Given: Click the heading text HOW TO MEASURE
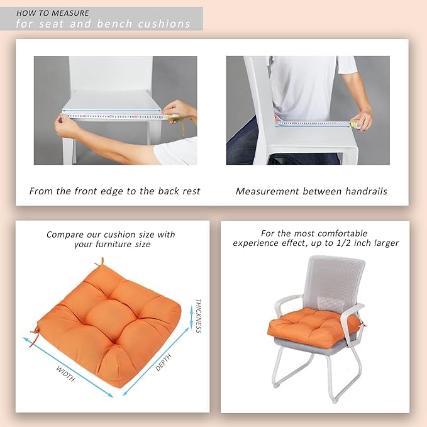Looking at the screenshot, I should pyautogui.click(x=52, y=13).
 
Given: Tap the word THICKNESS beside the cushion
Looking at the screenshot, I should pyautogui.click(x=198, y=315).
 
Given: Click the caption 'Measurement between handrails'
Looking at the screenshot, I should pyautogui.click(x=311, y=191).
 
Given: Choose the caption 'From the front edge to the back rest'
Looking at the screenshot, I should pyautogui.click(x=114, y=191).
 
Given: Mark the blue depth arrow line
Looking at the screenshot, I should pyautogui.click(x=155, y=362).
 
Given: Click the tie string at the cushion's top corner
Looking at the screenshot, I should pyautogui.click(x=99, y=262).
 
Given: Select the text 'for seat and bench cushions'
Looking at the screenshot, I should pyautogui.click(x=103, y=25).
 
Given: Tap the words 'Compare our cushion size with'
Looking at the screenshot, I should pyautogui.click(x=111, y=235).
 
